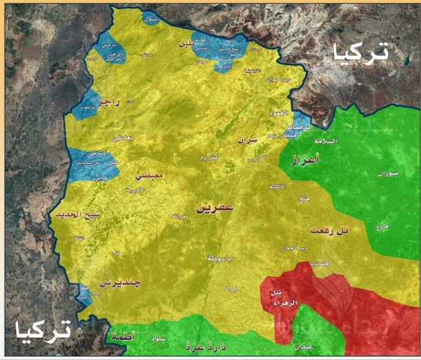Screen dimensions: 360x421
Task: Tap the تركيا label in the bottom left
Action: [x=43, y=328]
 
